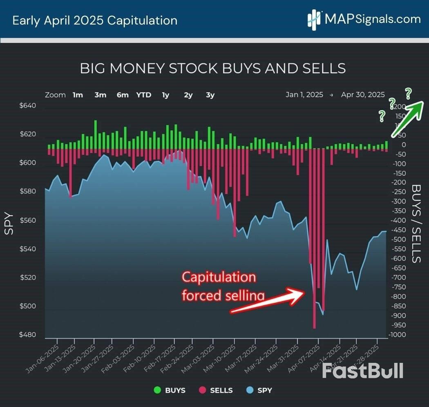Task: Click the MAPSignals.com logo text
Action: pos(372,19)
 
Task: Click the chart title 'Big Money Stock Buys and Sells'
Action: pos(212,68)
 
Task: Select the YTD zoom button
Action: pos(143,95)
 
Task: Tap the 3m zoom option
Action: pos(100,95)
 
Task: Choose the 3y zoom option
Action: pos(210,95)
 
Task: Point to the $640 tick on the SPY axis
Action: pos(28,106)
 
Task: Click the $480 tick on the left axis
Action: pos(28,335)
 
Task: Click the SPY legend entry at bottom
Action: pos(259,390)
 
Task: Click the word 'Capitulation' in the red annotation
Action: pos(219,277)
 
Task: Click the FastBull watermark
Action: pos(362,370)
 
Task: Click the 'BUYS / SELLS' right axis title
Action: pos(416,224)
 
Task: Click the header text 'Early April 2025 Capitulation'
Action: pos(95,20)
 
